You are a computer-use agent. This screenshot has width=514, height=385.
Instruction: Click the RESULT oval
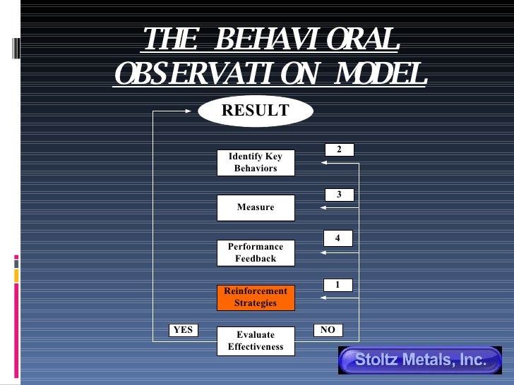pyautogui.click(x=256, y=111)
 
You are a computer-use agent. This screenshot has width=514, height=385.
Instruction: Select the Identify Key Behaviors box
pyautogui.click(x=256, y=163)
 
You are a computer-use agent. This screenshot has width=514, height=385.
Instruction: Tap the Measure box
pyautogui.click(x=256, y=207)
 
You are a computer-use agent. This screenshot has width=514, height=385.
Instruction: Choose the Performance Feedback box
pyautogui.click(x=256, y=252)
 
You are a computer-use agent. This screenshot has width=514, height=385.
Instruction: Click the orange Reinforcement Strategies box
pyautogui.click(x=256, y=297)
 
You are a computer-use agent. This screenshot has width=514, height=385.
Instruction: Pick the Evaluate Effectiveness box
pyautogui.click(x=256, y=341)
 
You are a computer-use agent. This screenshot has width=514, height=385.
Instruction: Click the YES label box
pyautogui.click(x=183, y=329)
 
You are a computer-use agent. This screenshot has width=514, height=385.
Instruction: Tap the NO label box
pyautogui.click(x=328, y=329)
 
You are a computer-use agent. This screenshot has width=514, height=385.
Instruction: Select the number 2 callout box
pyautogui.click(x=339, y=149)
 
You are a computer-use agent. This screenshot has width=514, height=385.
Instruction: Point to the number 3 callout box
pyautogui.click(x=339, y=194)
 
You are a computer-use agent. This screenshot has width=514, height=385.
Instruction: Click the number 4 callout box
pyautogui.click(x=337, y=238)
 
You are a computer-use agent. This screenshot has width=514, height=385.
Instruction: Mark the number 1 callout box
pyautogui.click(x=337, y=285)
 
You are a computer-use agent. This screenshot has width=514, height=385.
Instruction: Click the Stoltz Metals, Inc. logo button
pyautogui.click(x=420, y=360)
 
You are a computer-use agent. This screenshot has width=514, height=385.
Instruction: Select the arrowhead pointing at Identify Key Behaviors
pyautogui.click(x=323, y=163)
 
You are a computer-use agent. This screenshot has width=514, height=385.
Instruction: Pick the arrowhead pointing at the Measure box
pyautogui.click(x=323, y=207)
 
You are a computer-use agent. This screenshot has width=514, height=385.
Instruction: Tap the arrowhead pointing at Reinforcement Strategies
pyautogui.click(x=323, y=298)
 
